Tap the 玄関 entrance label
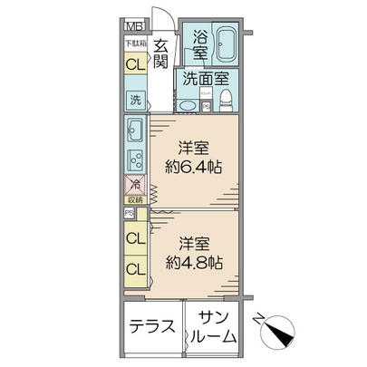click(160, 53)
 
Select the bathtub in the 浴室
click(223, 44)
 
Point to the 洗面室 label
click(204, 80)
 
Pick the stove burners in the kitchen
click(136, 160)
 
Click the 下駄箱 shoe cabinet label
click(134, 43)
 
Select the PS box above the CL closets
click(130, 215)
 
